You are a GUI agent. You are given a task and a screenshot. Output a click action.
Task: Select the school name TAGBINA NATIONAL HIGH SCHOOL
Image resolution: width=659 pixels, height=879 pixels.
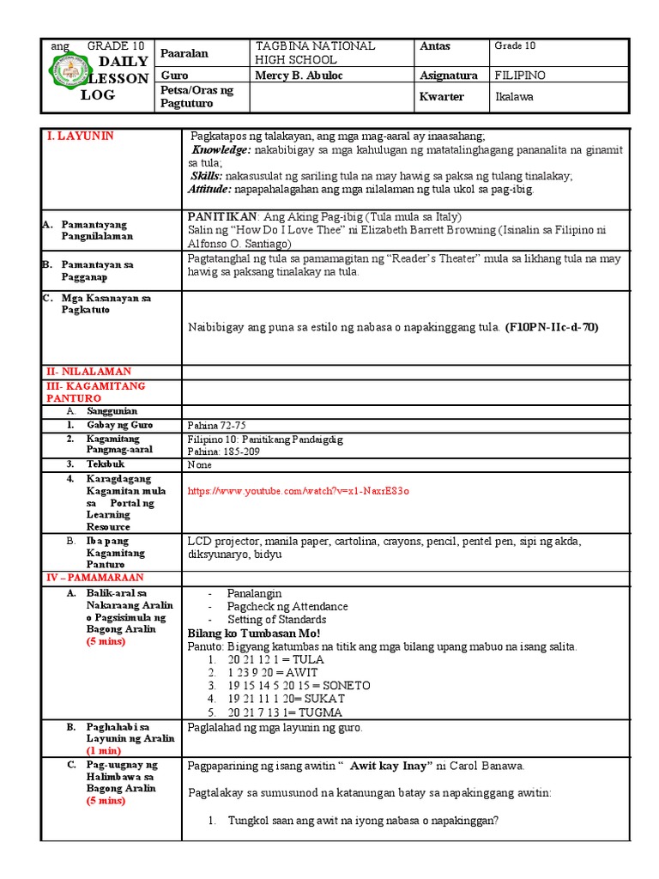pyautogui.click(x=315, y=52)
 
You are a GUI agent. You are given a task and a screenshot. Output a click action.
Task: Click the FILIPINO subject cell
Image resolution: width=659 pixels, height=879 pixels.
pyautogui.click(x=521, y=76)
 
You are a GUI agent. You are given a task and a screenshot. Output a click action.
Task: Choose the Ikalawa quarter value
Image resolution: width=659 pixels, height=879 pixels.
pyautogui.click(x=515, y=96)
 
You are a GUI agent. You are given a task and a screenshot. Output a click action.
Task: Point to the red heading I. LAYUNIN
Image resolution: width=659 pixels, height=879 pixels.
pyautogui.click(x=80, y=136)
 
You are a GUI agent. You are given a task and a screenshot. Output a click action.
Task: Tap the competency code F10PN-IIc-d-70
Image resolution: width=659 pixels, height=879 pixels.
pyautogui.click(x=552, y=327)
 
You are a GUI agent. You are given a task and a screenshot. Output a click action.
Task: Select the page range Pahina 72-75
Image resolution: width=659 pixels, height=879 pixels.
pyautogui.click(x=215, y=425)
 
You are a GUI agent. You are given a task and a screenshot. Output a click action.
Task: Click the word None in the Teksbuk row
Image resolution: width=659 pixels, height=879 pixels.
pyautogui.click(x=199, y=464)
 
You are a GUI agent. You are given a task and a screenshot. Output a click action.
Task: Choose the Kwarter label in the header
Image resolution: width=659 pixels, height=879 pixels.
pyautogui.click(x=441, y=96)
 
